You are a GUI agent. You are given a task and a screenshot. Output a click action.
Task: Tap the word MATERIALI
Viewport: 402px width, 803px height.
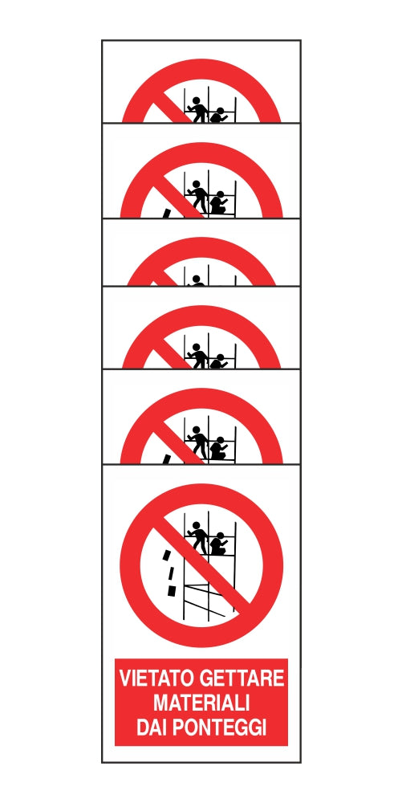coord(201,703)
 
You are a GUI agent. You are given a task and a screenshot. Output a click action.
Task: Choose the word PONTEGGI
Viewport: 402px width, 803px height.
coord(219,728)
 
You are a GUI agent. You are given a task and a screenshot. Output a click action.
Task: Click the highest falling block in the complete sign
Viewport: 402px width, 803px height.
coord(166,555)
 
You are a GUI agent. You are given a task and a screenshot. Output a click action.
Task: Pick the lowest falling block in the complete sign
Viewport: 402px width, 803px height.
coord(172,592)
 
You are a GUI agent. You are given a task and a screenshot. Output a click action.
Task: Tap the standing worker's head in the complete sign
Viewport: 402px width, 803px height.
coord(195,525)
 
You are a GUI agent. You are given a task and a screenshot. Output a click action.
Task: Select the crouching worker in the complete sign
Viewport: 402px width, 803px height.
coord(218,544)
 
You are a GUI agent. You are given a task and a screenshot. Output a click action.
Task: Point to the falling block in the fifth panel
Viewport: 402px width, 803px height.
coord(166,459)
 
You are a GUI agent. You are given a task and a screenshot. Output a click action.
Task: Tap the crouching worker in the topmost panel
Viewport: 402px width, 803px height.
coord(218,116)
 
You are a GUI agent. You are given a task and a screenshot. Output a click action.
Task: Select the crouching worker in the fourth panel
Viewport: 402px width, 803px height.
coord(218,361)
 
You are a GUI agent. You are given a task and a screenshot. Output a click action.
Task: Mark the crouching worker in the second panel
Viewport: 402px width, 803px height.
coord(218,202)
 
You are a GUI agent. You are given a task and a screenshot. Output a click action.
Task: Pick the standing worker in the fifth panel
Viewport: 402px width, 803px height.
coord(197,443)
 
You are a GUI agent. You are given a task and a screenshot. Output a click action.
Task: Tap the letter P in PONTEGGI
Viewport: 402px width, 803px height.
coord(177,728)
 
